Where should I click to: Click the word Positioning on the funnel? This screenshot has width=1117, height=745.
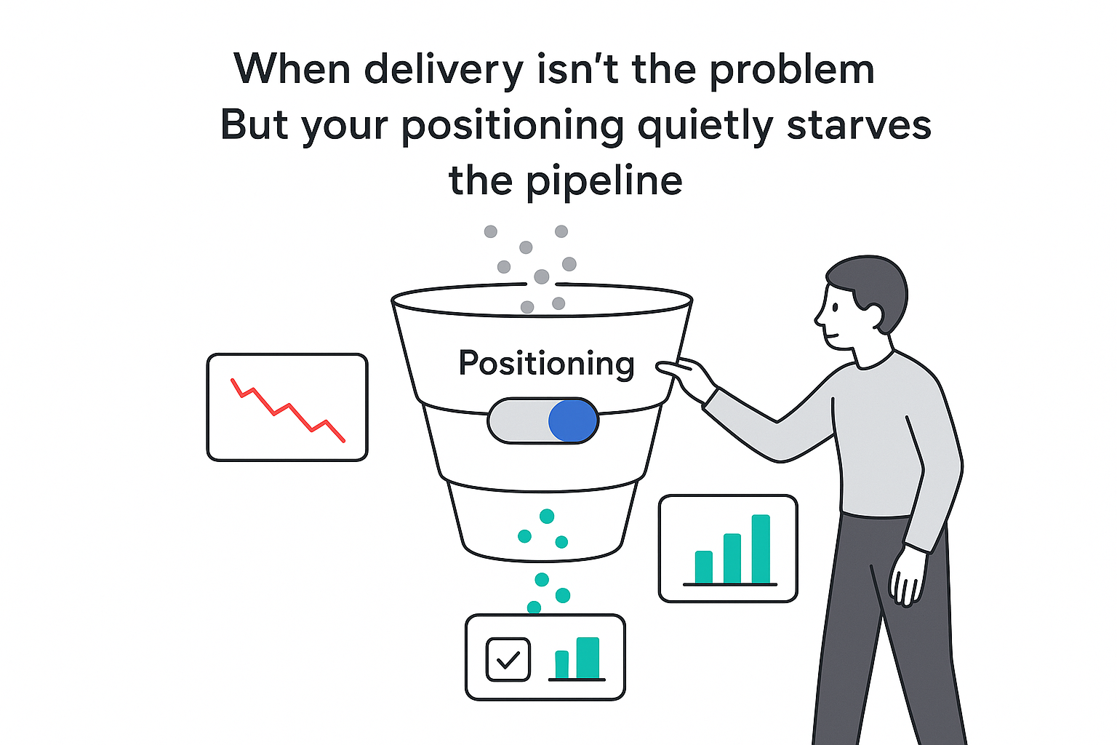[546, 362]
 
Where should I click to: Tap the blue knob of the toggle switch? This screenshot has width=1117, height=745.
[572, 421]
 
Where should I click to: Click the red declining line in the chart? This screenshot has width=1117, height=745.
[287, 410]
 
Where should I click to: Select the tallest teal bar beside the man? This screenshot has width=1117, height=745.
[761, 549]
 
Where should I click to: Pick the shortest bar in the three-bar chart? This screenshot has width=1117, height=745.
[703, 567]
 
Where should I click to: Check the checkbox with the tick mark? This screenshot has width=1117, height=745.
[508, 659]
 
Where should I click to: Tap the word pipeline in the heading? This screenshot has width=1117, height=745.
[604, 181]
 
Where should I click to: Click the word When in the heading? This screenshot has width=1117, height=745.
[291, 70]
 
